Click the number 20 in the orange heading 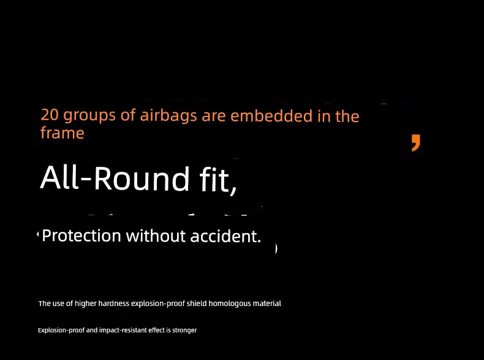coord(50,115)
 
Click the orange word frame coord(62,133)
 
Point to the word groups coord(89,116)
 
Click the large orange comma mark coord(416,143)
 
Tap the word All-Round coord(115,178)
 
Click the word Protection coord(81,236)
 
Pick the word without coord(156,236)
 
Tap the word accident coord(225,236)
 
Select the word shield coord(197,304)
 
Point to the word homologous coord(230,304)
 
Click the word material coord(267,304)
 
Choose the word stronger coord(184,331)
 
